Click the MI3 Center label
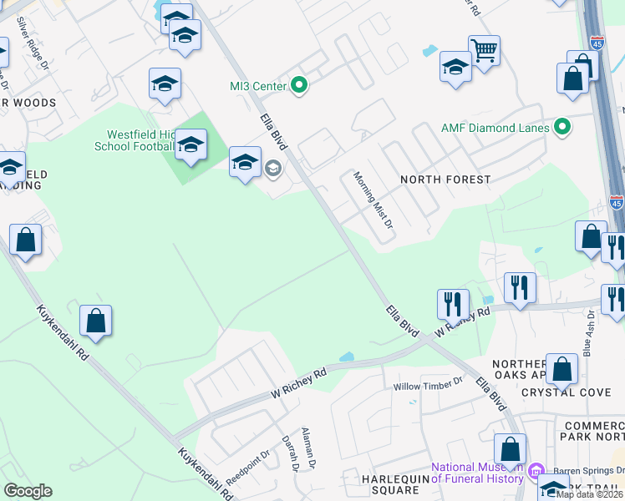click(257, 85)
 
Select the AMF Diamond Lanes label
click(495, 129)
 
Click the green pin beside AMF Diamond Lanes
click(563, 128)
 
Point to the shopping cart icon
click(484, 51)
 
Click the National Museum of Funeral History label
click(477, 473)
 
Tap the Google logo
click(28, 491)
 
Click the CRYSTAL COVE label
click(566, 392)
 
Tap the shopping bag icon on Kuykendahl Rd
click(95, 321)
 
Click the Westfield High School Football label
click(140, 140)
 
